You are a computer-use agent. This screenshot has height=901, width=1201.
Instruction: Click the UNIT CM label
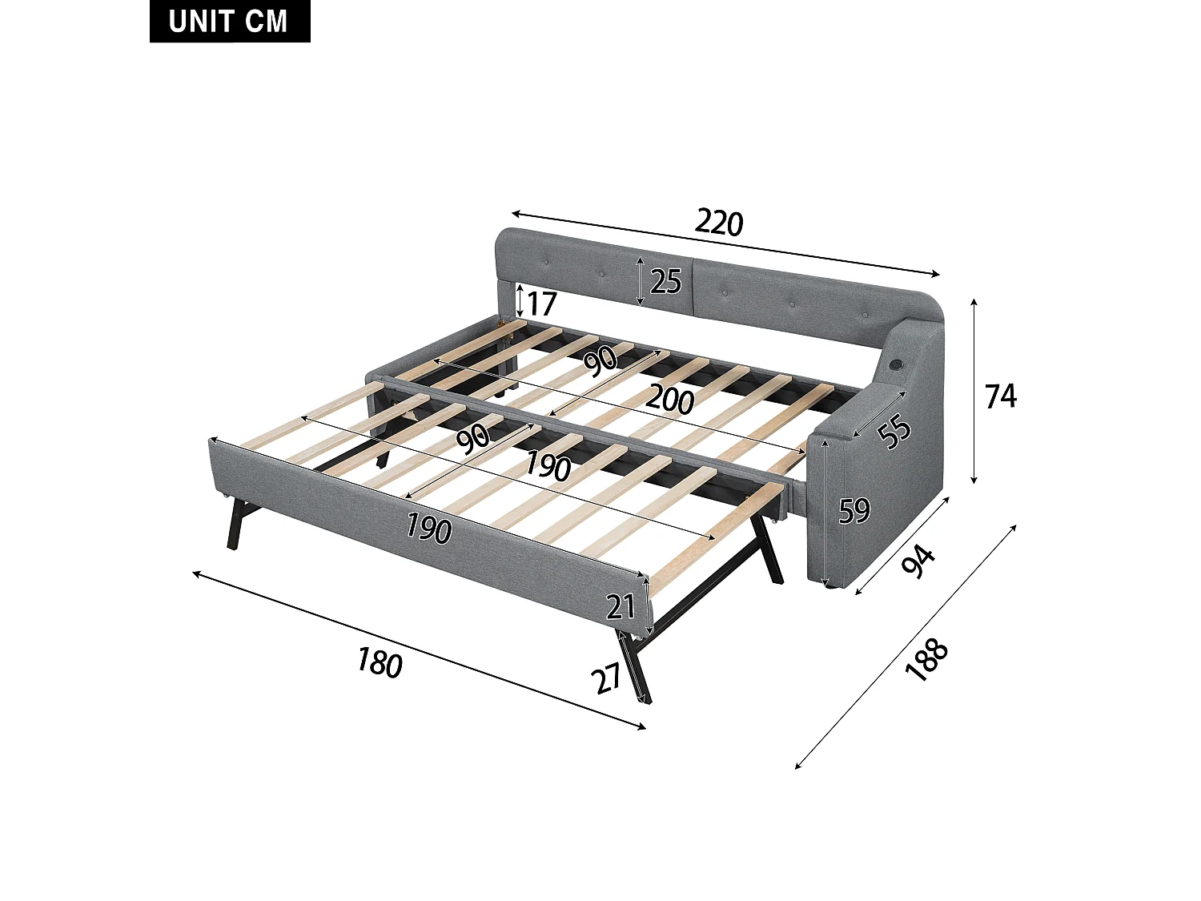pyautogui.click(x=229, y=22)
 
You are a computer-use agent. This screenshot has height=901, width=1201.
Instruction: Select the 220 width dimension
pyautogui.click(x=719, y=222)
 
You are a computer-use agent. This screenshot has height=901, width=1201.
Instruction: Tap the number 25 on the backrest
pyautogui.click(x=665, y=281)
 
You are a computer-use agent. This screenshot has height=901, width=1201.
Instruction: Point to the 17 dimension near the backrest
pyautogui.click(x=541, y=304)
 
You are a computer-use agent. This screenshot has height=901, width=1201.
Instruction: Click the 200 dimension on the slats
pyautogui.click(x=669, y=398)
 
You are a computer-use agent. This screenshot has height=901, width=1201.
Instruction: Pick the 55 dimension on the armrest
pyautogui.click(x=894, y=431)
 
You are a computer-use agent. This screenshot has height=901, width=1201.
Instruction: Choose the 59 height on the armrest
pyautogui.click(x=854, y=510)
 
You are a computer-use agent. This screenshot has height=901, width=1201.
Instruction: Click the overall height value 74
pyautogui.click(x=1000, y=396)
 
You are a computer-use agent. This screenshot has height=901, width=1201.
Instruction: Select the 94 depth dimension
pyautogui.click(x=918, y=561)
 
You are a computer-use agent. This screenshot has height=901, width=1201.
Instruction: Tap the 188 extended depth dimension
pyautogui.click(x=926, y=660)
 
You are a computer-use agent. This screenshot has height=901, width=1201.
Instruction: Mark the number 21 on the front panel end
pyautogui.click(x=621, y=607)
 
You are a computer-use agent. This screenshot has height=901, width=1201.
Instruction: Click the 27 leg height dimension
pyautogui.click(x=607, y=679)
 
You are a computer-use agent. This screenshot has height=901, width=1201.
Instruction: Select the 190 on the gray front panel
pyautogui.click(x=428, y=528)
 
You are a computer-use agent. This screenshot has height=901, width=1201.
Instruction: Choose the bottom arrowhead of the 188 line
pyautogui.click(x=797, y=766)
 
